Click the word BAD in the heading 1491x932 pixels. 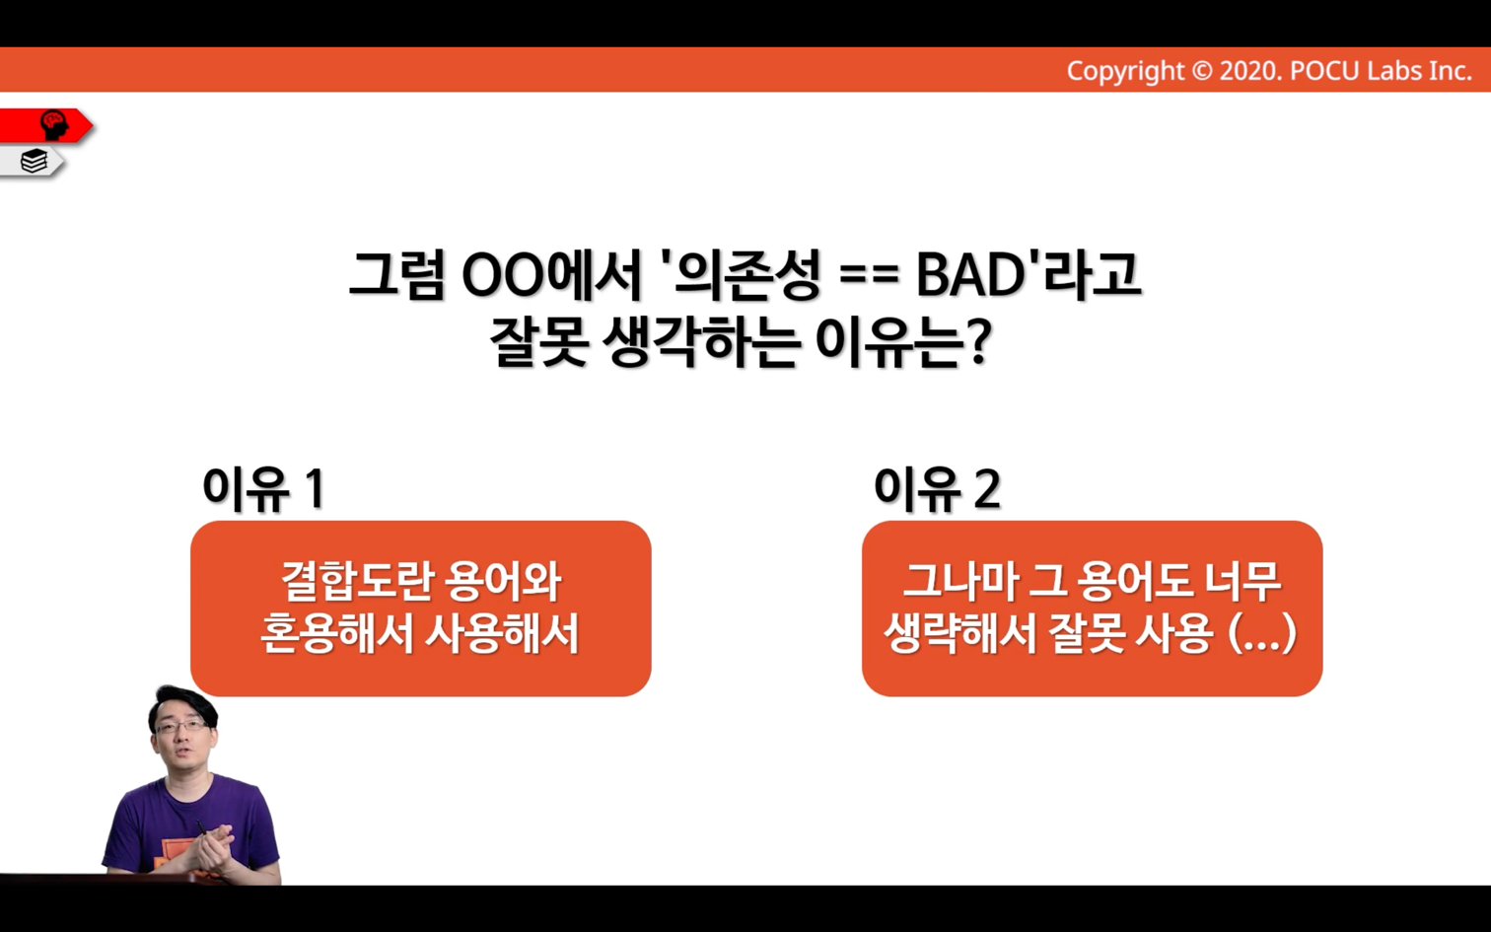point(969,275)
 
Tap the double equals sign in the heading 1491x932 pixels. point(870,277)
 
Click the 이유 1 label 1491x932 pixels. point(264,488)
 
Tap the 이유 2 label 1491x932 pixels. point(937,488)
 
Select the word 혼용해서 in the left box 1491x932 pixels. point(337,633)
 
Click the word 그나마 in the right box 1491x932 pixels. point(960,582)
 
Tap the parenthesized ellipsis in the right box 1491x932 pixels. point(1262,634)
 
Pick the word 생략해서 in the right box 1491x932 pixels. point(961,633)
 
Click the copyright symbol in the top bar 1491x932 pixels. point(1202,71)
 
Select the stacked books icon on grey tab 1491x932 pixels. point(34,161)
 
